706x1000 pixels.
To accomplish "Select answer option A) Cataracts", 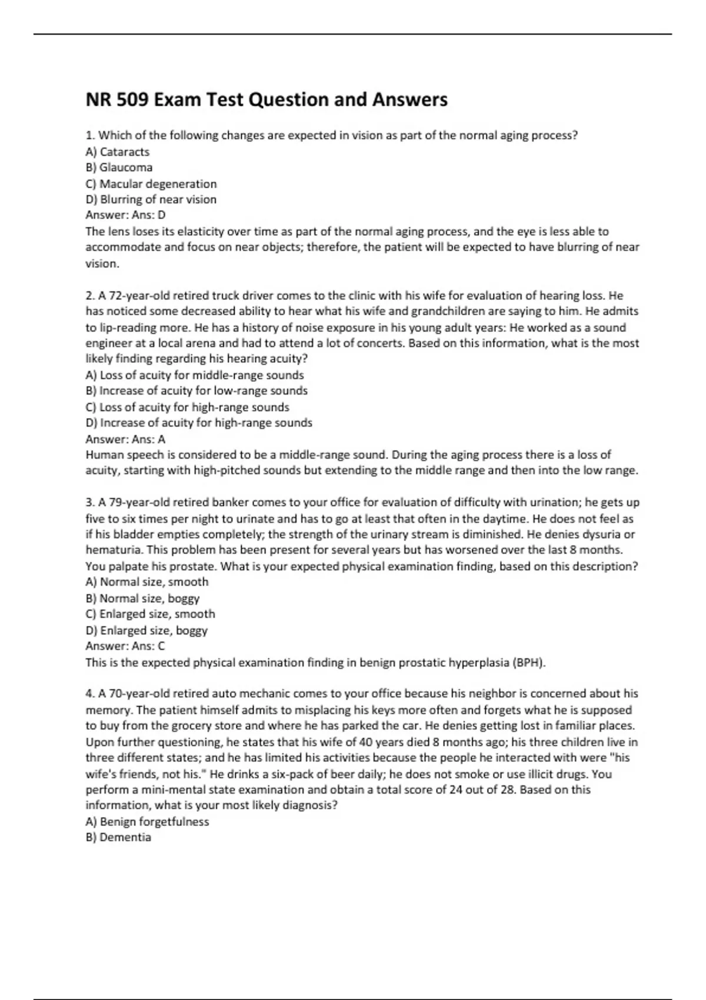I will (118, 152).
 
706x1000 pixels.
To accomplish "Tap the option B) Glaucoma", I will (119, 168).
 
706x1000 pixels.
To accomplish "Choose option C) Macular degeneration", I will (151, 184).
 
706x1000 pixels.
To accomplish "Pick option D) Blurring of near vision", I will (151, 200).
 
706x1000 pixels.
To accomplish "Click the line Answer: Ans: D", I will (125, 215).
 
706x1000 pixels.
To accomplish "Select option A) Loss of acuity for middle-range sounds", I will (195, 375).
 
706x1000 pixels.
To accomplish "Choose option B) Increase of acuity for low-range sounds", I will (197, 391).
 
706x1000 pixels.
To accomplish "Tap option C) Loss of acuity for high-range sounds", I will (187, 407).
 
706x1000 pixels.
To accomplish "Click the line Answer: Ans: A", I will (125, 439).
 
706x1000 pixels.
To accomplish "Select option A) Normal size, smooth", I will (147, 582).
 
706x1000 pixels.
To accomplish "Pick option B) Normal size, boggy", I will (142, 599).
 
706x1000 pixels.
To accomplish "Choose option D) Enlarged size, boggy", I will (146, 631).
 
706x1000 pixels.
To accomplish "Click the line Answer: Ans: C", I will (125, 646).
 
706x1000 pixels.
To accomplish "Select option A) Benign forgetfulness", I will (147, 822).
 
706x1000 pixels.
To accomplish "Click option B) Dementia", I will (118, 838).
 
